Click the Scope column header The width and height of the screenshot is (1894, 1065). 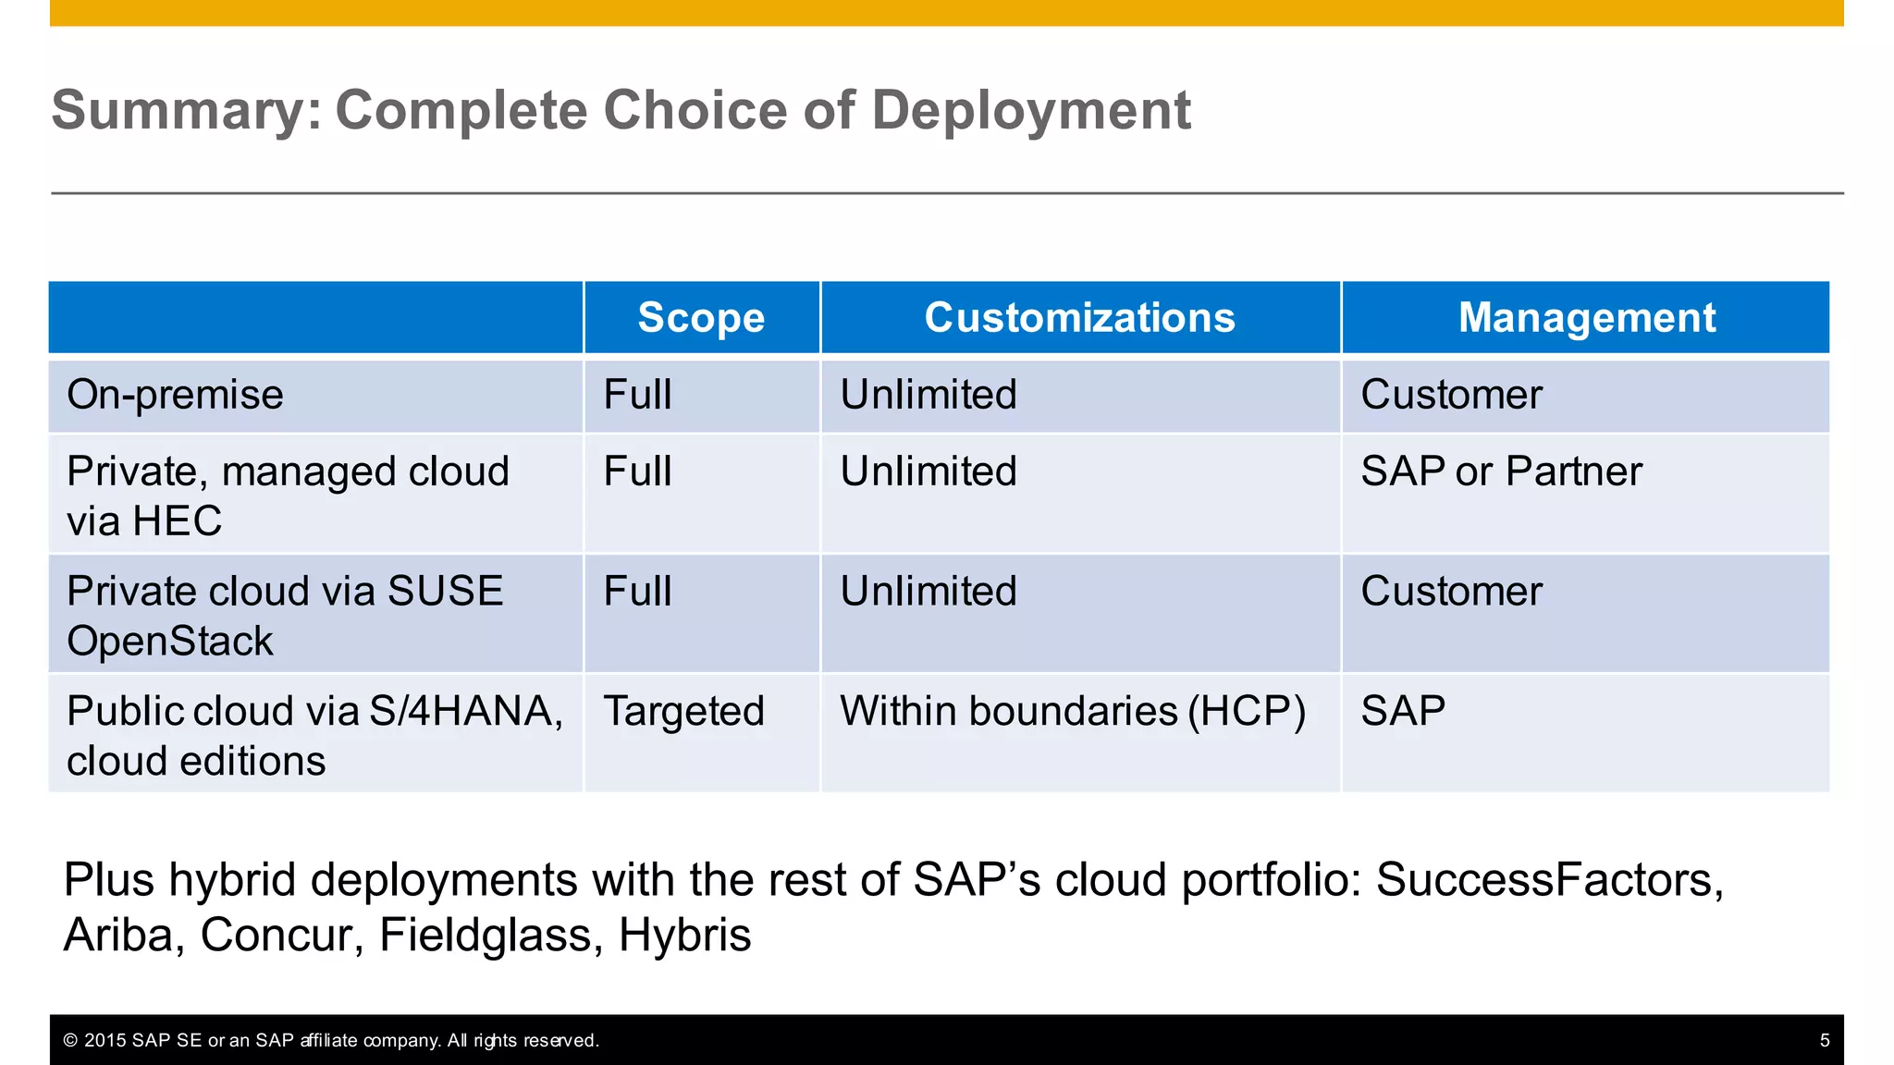(701, 318)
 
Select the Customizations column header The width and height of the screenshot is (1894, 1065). (1079, 318)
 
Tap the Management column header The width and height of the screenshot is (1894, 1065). (1586, 318)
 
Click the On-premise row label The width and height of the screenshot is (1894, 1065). (175, 395)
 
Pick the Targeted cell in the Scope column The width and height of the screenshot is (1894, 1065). (683, 712)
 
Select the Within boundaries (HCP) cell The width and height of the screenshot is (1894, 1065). (1073, 712)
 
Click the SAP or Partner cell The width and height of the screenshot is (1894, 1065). (1501, 471)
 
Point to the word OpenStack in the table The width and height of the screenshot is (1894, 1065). (170, 642)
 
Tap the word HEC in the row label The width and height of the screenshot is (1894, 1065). (177, 521)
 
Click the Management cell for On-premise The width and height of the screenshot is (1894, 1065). (1451, 395)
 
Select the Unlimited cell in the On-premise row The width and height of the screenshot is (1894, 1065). (929, 395)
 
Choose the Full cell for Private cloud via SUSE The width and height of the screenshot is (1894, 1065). (637, 592)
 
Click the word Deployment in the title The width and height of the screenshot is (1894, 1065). (1030, 110)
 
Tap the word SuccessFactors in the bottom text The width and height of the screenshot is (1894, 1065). (1548, 879)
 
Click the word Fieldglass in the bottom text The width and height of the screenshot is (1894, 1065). (486, 935)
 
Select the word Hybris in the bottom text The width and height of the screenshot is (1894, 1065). (684, 935)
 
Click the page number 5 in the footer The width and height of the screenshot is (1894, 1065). (1825, 1041)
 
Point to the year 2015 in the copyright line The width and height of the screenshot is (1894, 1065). (105, 1041)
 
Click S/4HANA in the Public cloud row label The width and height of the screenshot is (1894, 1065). (465, 712)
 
